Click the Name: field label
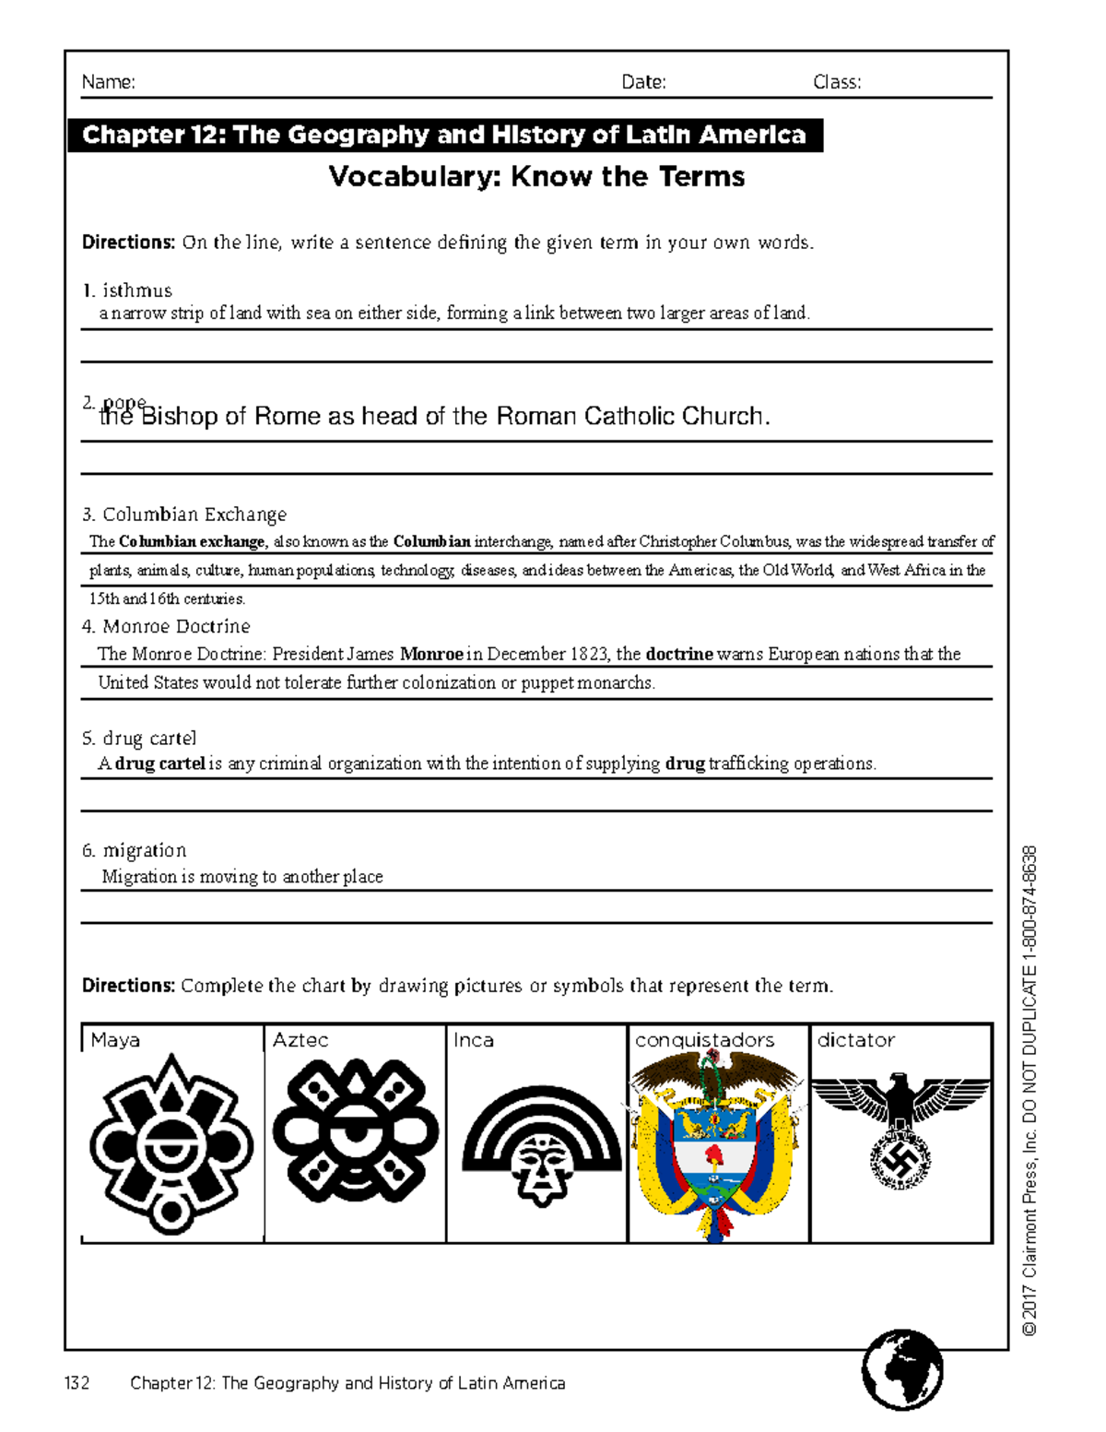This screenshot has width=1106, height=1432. pyautogui.click(x=108, y=82)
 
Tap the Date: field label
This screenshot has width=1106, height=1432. pyautogui.click(x=643, y=82)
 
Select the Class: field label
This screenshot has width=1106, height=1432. pyautogui.click(x=837, y=82)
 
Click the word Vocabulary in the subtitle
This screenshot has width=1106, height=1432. pyautogui.click(x=414, y=176)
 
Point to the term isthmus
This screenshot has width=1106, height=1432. pyautogui.click(x=136, y=290)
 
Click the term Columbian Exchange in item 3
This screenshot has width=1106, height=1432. pyautogui.click(x=194, y=515)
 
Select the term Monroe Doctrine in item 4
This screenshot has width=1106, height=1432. pyautogui.click(x=176, y=626)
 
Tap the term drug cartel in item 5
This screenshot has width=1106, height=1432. pyautogui.click(x=149, y=739)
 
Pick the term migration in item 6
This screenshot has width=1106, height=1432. pyautogui.click(x=144, y=850)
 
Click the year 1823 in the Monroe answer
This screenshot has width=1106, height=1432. pyautogui.click(x=589, y=655)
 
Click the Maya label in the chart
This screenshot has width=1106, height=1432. pyautogui.click(x=115, y=1040)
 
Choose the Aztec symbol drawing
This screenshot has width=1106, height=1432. pyautogui.click(x=355, y=1134)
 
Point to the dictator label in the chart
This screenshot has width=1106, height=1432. pyautogui.click(x=855, y=1040)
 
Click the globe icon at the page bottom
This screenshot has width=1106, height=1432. pyautogui.click(x=902, y=1369)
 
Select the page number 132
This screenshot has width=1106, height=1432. pyautogui.click(x=77, y=1383)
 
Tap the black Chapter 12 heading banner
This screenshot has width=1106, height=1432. pyautogui.click(x=444, y=136)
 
